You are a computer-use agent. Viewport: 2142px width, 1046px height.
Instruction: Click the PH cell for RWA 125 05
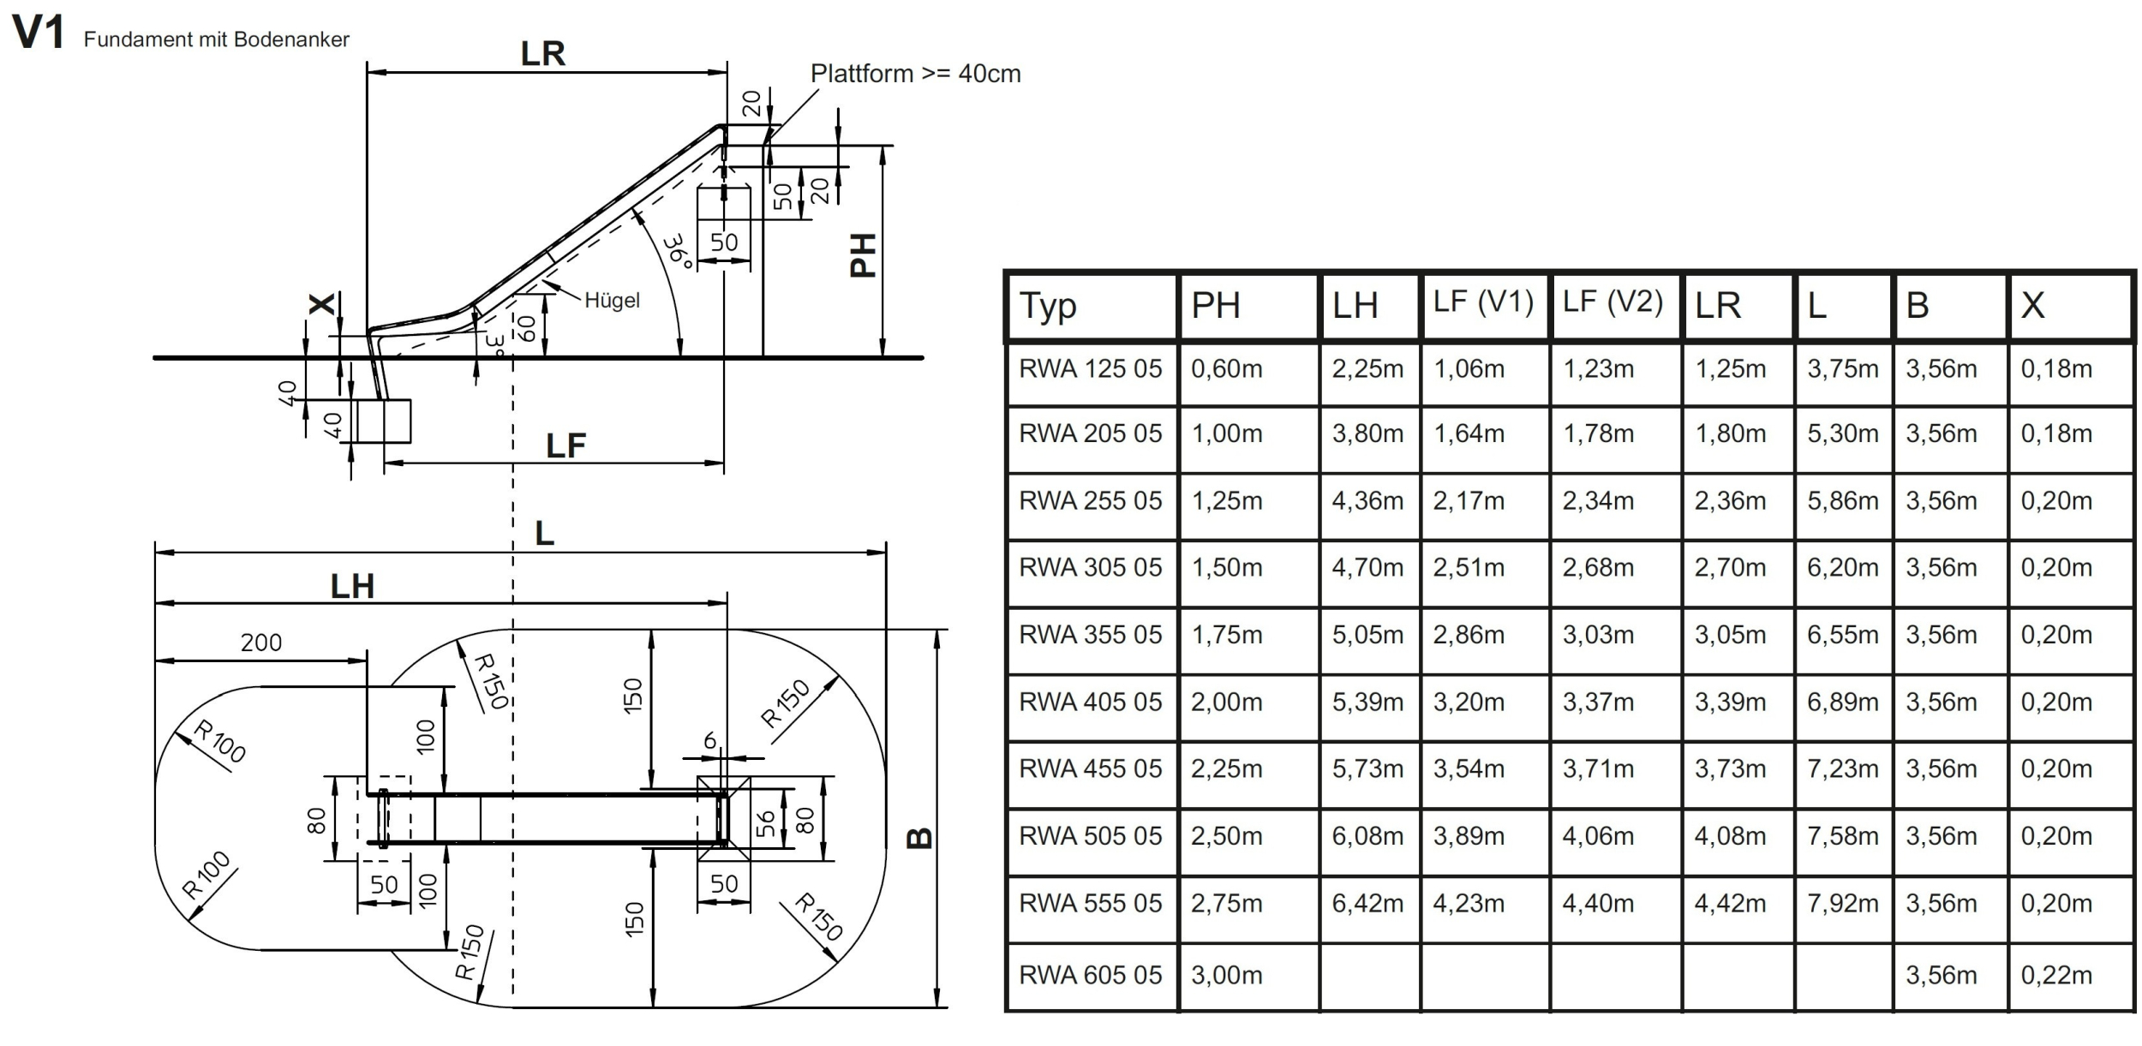pos(1226,369)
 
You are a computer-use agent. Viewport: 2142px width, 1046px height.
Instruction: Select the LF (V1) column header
pos(1483,302)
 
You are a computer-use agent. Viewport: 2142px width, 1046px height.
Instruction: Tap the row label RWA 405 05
pos(1090,702)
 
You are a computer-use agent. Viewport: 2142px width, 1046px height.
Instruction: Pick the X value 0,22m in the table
pos(2056,975)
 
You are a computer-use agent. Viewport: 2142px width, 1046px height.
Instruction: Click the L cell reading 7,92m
pos(1842,903)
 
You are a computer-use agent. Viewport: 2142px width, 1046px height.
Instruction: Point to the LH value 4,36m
pos(1367,501)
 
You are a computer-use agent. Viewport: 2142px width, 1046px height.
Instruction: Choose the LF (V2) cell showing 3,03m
pos(1598,635)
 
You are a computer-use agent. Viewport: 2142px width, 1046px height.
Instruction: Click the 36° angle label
pos(679,253)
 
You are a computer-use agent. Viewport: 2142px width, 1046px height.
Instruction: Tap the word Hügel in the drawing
pos(612,301)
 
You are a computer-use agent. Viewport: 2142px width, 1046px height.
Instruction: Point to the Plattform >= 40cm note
pos(915,74)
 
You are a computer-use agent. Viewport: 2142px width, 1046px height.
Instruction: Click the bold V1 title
pos(38,33)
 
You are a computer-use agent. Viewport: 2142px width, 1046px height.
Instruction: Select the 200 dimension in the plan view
pos(261,643)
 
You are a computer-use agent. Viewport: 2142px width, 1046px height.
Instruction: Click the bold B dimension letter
pos(919,838)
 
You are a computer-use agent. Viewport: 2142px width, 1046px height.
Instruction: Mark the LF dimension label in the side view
pos(565,445)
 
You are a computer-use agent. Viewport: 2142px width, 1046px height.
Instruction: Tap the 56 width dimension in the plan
pos(766,824)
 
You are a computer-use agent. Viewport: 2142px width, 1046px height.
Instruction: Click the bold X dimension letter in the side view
pos(322,303)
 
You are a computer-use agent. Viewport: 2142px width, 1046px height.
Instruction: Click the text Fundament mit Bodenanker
pos(217,39)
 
